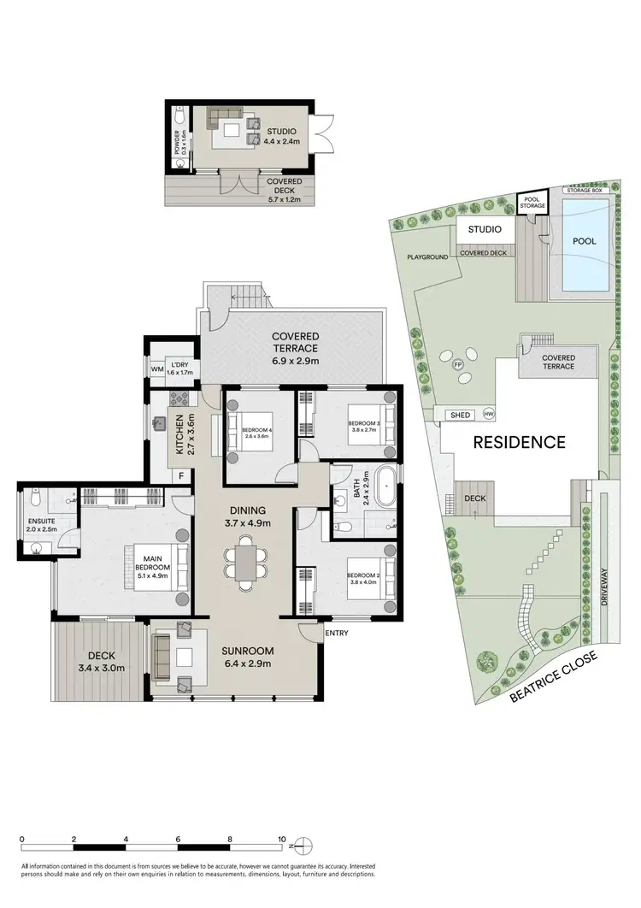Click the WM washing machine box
[x=156, y=369]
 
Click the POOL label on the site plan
[x=584, y=241]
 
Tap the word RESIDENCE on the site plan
[x=520, y=442]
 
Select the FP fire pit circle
[x=458, y=364]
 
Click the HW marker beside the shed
[x=489, y=415]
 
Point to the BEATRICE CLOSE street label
[x=555, y=676]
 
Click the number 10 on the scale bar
[x=281, y=839]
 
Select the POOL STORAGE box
[x=532, y=203]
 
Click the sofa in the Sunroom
[x=162, y=657]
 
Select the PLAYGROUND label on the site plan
[x=428, y=256]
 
